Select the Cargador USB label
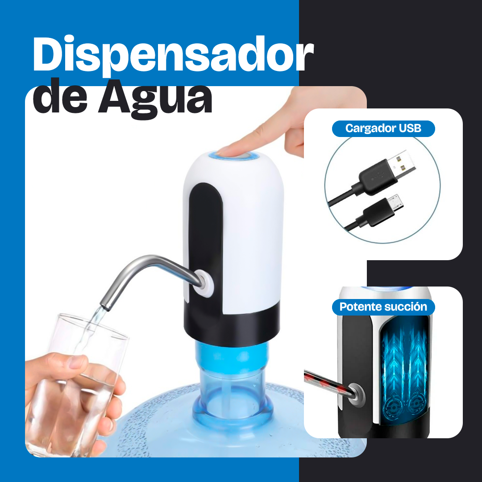point(383,129)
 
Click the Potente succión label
point(383,307)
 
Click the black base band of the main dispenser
point(232,325)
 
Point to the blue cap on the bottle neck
point(232,357)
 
